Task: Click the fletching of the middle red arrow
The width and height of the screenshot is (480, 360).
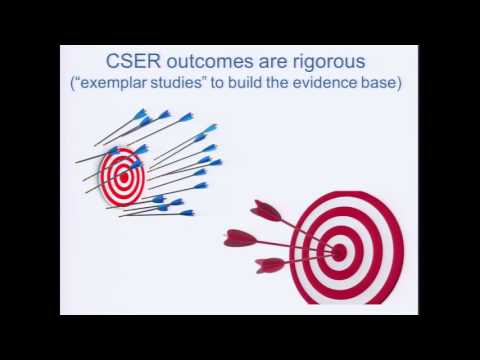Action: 240,238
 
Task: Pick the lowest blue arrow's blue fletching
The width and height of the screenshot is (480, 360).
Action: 186,212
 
